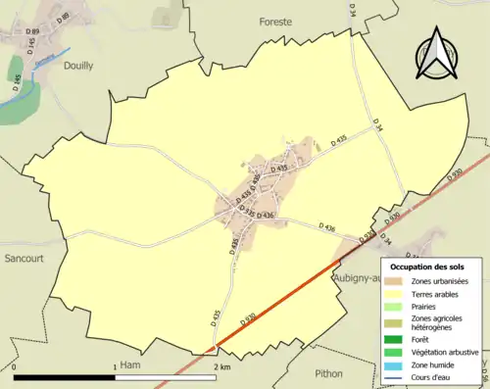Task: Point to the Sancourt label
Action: click(x=21, y=259)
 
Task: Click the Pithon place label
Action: click(x=329, y=373)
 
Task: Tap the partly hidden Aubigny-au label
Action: click(x=357, y=278)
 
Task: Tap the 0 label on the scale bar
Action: click(x=15, y=366)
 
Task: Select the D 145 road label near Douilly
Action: click(x=31, y=46)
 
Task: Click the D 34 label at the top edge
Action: click(x=350, y=9)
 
